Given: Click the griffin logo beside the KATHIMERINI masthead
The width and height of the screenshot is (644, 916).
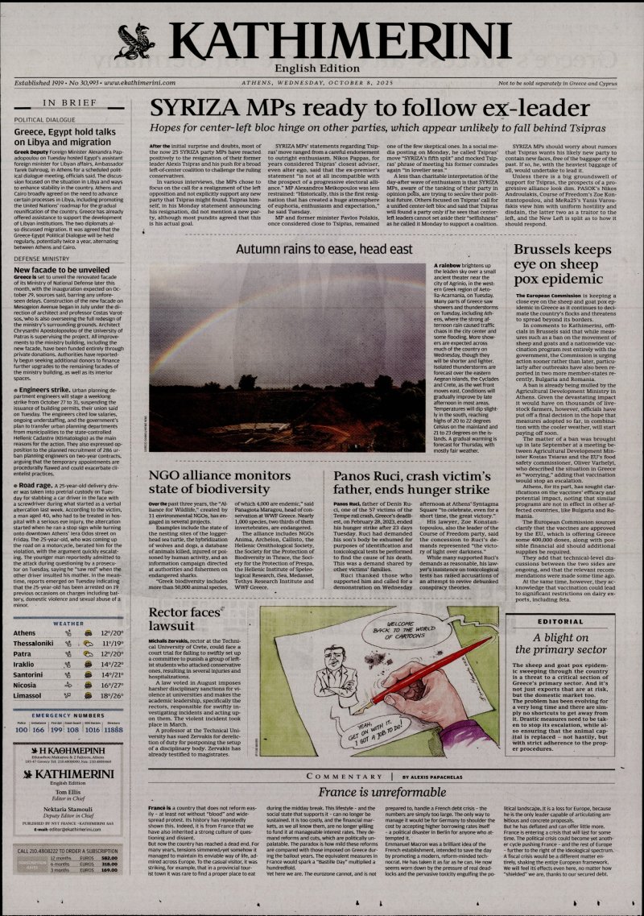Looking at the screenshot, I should coord(134,39).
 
